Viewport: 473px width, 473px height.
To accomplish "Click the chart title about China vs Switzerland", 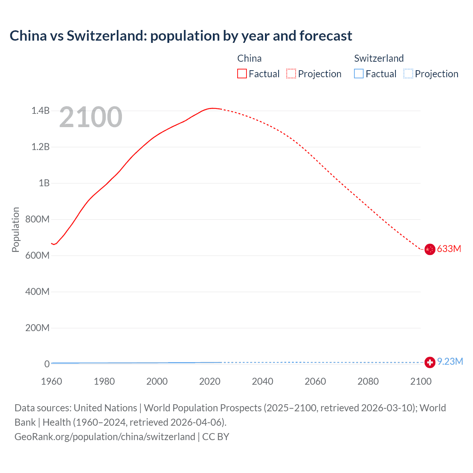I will (181, 36).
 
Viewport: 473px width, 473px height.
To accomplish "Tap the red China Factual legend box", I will (242, 74).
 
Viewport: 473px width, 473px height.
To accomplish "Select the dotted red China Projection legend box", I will (291, 74).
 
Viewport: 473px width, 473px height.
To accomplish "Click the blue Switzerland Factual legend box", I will (359, 74).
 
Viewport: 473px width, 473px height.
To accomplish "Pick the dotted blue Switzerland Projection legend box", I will (408, 74).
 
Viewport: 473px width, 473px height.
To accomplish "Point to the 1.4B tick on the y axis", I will (40, 110).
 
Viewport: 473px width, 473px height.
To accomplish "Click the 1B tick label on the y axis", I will (44, 183).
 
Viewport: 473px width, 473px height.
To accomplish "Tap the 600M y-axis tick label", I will (37, 255).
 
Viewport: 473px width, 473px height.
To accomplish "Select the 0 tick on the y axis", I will (47, 364).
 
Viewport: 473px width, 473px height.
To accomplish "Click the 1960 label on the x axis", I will (51, 381).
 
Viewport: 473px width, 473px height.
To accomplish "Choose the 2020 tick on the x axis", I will (210, 381).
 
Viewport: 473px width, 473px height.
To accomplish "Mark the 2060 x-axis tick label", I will (315, 381).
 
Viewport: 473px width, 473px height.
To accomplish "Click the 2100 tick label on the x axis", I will (421, 381).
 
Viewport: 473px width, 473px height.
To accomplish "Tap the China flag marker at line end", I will (429, 249).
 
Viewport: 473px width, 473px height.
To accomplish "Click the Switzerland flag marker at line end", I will (429, 363).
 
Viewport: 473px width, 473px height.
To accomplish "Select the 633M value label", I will (449, 249).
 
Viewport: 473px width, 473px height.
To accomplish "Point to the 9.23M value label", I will (450, 361).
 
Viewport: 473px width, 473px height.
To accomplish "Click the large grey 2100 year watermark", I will (91, 117).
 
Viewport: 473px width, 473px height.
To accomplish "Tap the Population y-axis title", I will (16, 229).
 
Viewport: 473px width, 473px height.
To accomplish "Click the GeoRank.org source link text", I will (105, 437).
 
